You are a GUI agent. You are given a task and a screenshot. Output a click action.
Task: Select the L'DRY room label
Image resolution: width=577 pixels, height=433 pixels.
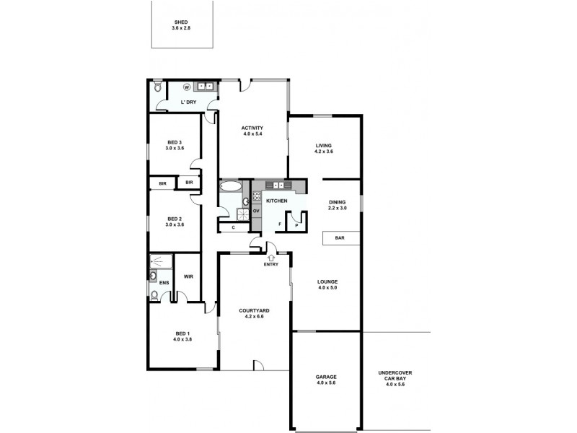[x=188, y=102]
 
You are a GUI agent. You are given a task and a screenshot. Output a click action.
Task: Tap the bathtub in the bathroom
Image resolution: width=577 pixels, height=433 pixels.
[x=232, y=186]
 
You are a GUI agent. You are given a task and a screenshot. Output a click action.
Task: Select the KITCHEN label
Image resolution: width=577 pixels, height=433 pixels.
[x=277, y=201]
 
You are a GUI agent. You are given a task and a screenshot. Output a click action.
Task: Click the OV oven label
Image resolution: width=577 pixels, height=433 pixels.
[x=256, y=211]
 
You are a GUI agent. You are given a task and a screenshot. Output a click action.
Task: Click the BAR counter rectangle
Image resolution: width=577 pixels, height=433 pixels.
[x=339, y=237]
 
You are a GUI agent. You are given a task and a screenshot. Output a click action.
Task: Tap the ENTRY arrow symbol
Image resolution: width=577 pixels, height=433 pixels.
[x=271, y=256]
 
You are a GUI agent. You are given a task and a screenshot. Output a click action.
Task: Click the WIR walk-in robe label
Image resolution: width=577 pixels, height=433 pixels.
[x=188, y=276]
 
